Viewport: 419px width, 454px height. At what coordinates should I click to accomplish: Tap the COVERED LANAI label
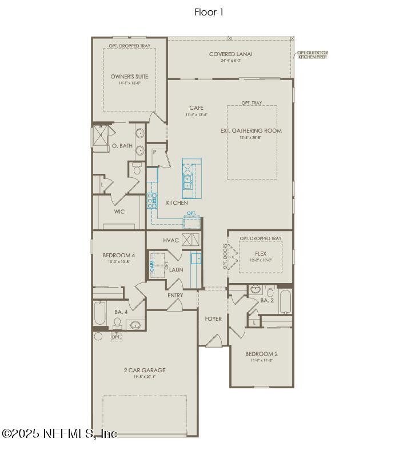[x=231, y=54]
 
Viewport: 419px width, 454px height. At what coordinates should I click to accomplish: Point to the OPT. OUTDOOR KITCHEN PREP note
[x=313, y=55]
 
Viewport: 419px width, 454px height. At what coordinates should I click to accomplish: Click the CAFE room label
[x=196, y=107]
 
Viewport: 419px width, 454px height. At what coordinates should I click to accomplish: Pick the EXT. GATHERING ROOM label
[x=251, y=130]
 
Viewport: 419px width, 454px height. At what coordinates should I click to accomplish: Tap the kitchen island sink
[x=187, y=182]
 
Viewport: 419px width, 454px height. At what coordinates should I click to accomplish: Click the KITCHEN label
[x=177, y=203]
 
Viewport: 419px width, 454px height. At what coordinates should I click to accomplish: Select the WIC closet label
[x=119, y=211]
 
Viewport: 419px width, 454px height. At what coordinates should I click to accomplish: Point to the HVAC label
[x=171, y=240]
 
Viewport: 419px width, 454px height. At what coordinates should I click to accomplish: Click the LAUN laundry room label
[x=175, y=269]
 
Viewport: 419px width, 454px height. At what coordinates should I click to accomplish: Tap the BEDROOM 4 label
[x=119, y=255]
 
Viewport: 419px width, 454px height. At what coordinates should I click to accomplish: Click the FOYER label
[x=213, y=318]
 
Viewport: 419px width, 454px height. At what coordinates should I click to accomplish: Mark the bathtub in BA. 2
[x=285, y=302]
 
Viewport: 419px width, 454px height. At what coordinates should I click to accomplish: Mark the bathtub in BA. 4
[x=99, y=313]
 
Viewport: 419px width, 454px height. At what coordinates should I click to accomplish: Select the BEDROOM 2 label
[x=261, y=353]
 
